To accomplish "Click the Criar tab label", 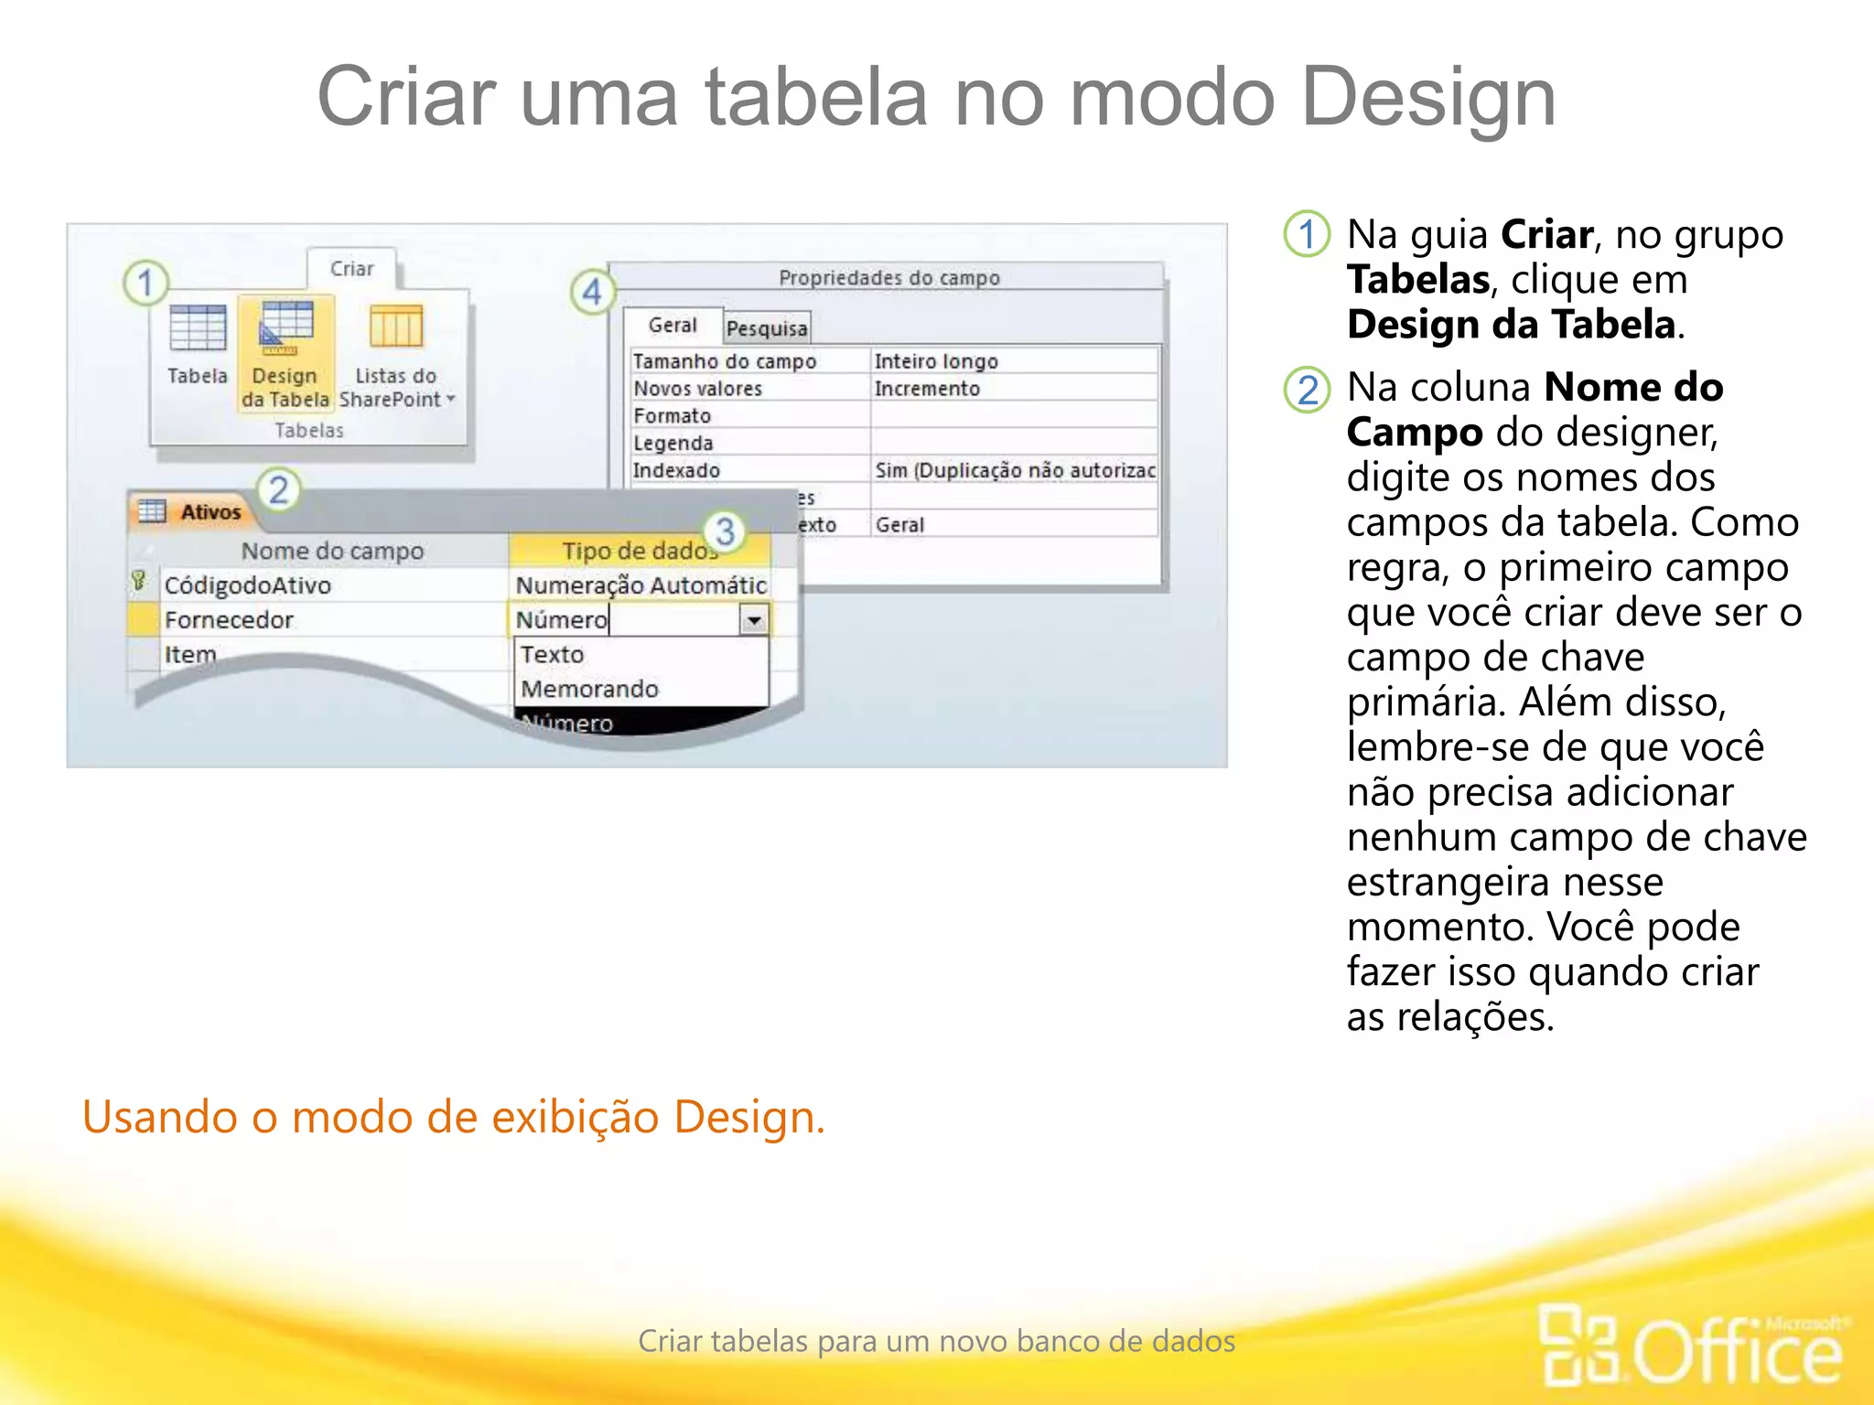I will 352,269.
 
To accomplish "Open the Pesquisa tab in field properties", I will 767,328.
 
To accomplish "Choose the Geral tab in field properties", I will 673,326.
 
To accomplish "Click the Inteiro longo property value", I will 936,361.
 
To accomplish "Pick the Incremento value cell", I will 927,389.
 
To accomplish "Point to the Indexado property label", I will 677,470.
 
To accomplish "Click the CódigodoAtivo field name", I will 248,585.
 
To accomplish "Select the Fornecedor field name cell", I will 230,620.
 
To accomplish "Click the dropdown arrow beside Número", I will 754,620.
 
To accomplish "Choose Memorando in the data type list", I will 590,689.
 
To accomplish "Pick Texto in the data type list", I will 553,655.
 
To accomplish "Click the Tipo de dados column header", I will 638,551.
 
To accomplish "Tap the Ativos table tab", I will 210,512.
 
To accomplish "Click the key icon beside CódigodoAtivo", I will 139,582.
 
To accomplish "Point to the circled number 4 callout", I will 592,292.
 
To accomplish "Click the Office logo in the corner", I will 1693,1344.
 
